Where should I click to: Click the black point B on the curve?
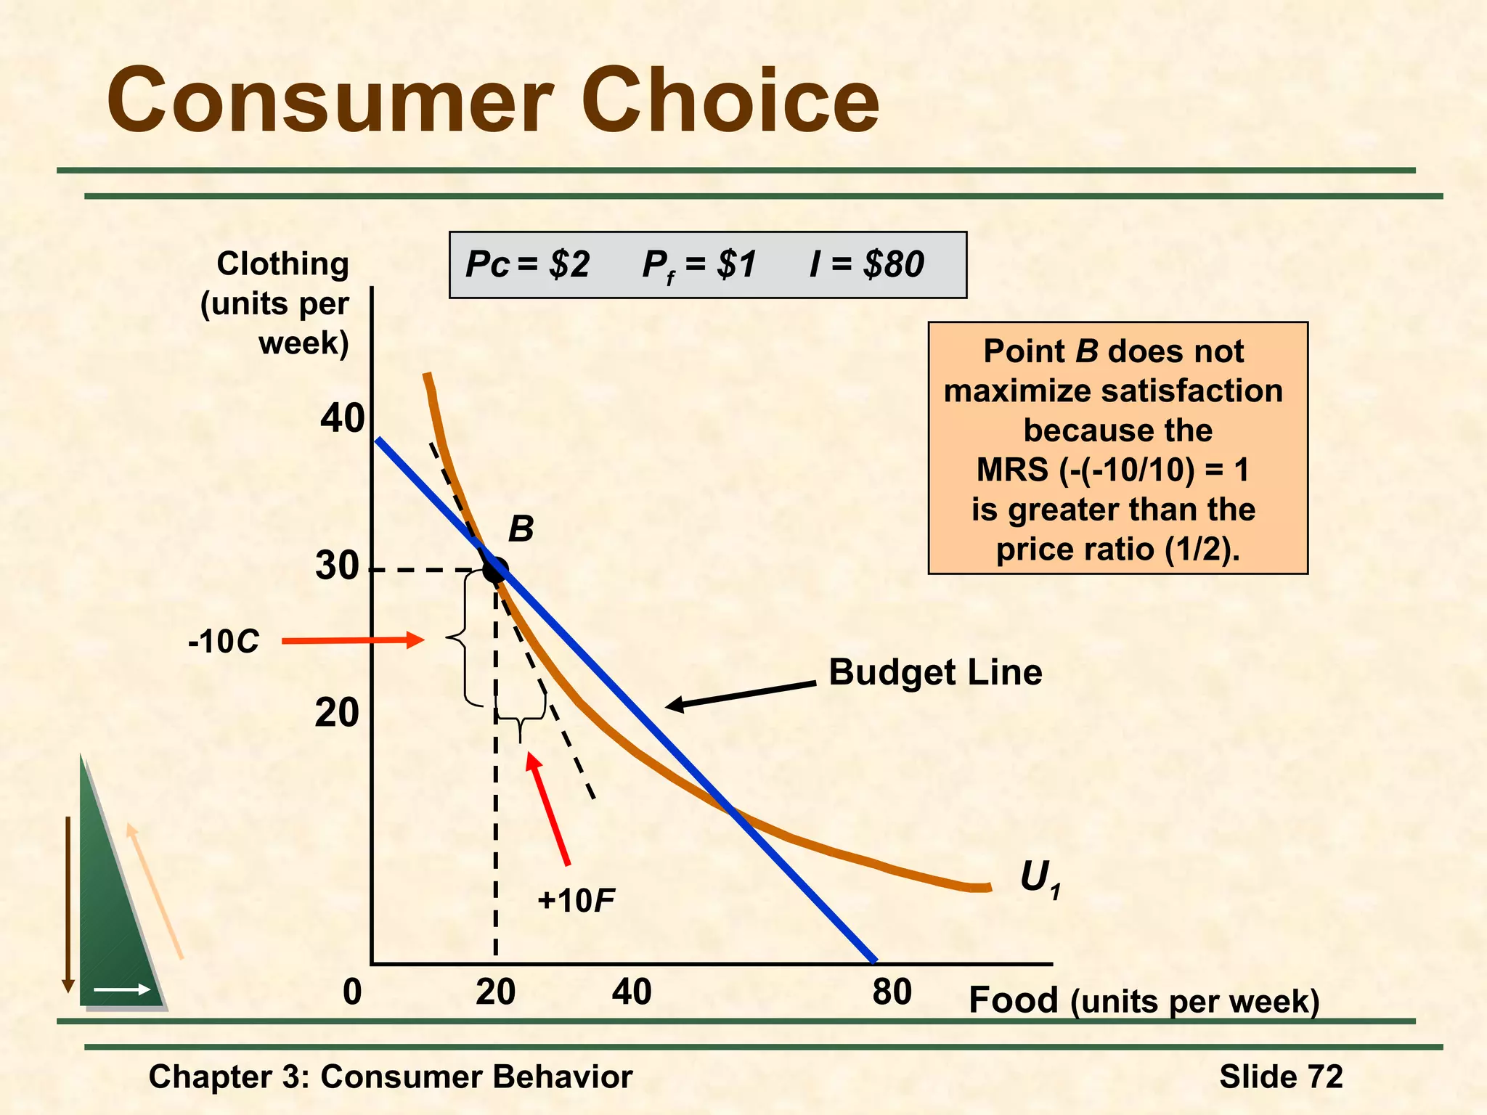click(x=495, y=570)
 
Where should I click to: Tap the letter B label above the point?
click(x=521, y=529)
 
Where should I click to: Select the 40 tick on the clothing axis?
click(x=341, y=419)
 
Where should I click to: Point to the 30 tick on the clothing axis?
click(x=337, y=566)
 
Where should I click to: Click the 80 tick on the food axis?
click(x=892, y=992)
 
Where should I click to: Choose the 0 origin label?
click(x=352, y=992)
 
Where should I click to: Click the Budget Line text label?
click(x=935, y=672)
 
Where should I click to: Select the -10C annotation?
click(x=223, y=642)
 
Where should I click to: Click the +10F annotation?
click(x=576, y=901)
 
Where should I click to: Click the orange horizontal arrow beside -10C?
click(x=352, y=640)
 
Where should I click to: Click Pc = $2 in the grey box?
click(x=528, y=264)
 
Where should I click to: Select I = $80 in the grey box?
click(x=867, y=264)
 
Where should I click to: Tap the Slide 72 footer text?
click(x=1281, y=1077)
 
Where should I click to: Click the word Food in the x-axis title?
click(x=1014, y=1000)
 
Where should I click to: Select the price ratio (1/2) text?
click(x=1117, y=550)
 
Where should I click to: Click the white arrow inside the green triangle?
click(x=122, y=989)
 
